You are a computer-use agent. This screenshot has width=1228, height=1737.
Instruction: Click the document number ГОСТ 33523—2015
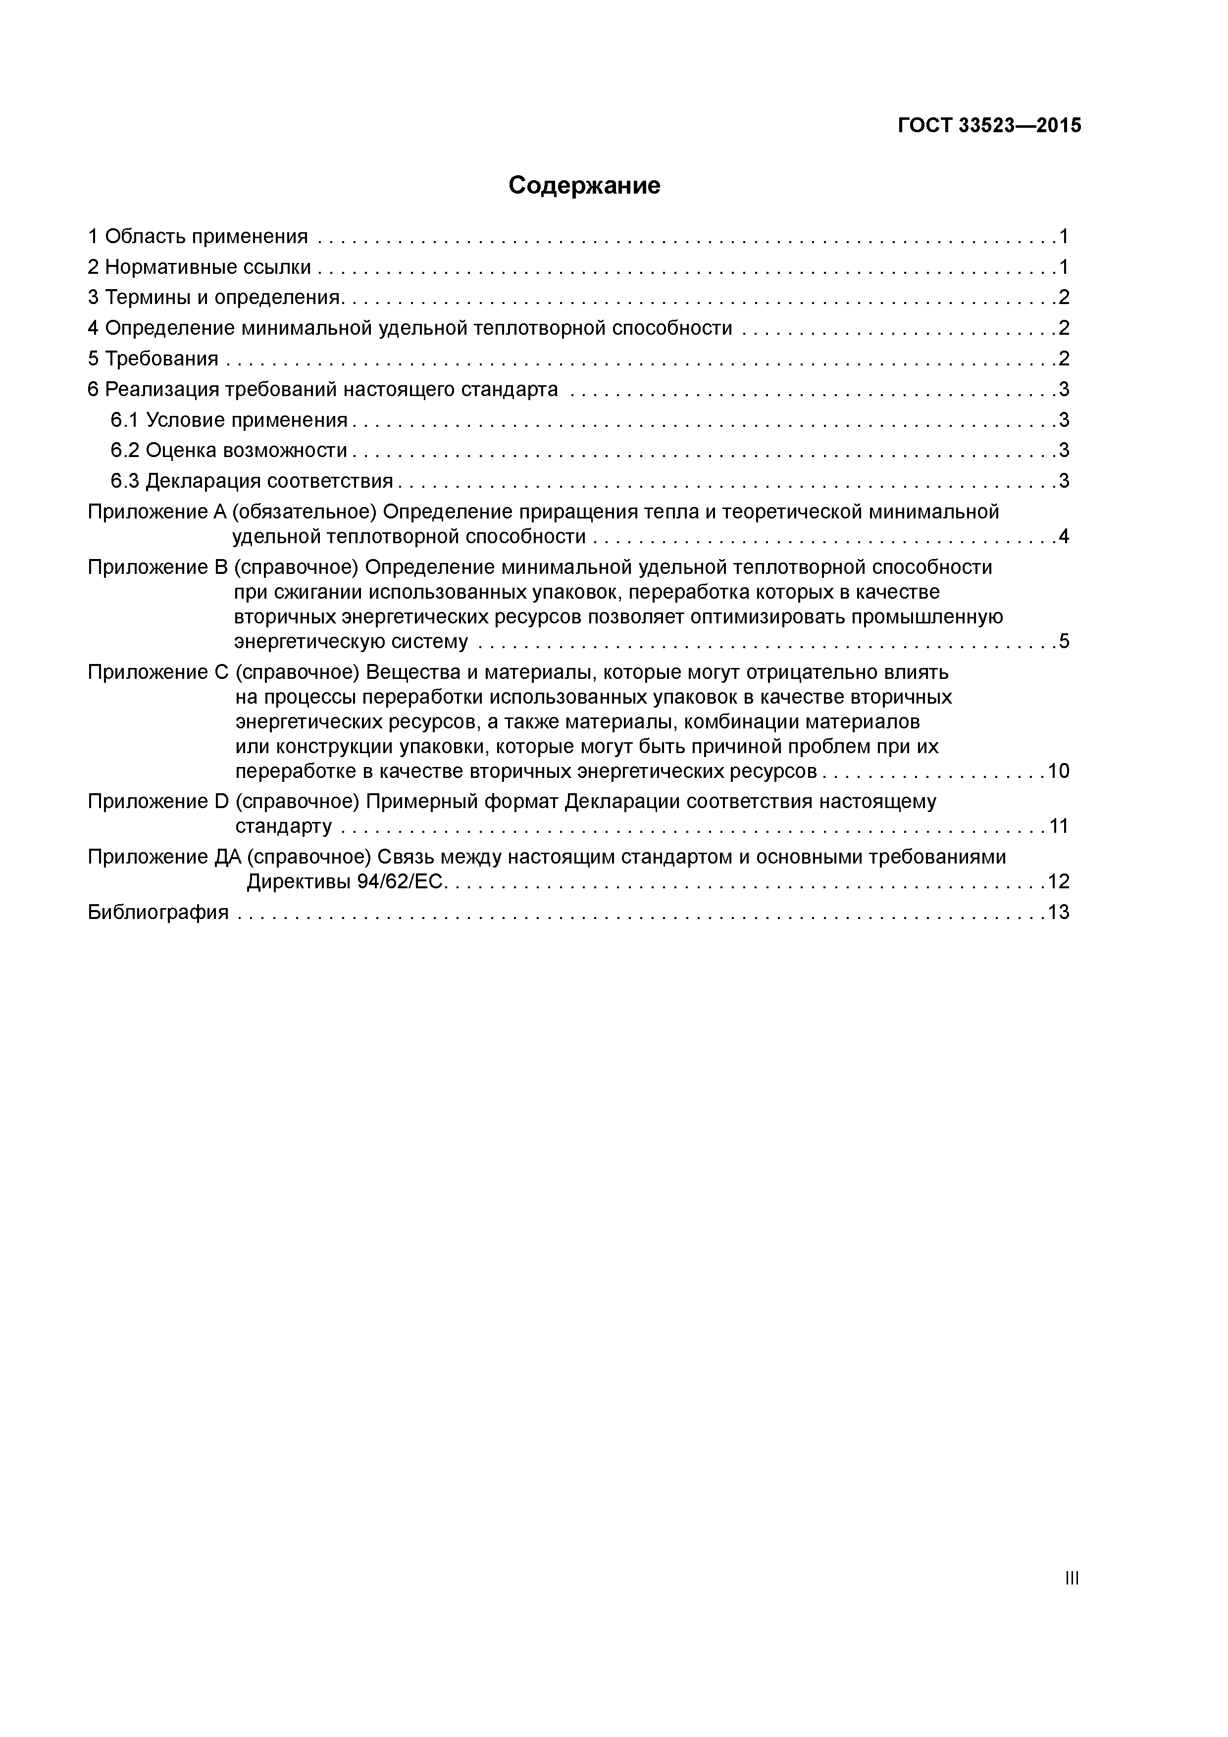(x=989, y=126)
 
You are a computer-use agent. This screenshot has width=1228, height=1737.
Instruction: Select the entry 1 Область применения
(x=198, y=237)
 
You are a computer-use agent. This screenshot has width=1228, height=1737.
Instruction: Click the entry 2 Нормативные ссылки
(x=200, y=267)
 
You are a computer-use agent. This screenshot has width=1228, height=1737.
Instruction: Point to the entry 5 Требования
(x=153, y=358)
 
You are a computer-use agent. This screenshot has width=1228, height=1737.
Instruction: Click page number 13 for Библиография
(x=1059, y=913)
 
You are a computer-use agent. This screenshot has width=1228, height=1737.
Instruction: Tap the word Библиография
(x=158, y=913)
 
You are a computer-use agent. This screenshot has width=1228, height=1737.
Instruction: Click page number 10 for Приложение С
(x=1059, y=771)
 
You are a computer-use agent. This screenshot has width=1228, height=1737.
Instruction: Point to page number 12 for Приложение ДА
(x=1059, y=881)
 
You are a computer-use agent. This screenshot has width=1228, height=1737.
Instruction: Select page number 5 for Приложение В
(x=1064, y=642)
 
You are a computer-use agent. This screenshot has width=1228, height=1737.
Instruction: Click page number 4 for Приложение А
(x=1064, y=537)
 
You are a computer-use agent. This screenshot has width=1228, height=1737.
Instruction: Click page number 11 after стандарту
(x=1059, y=826)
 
